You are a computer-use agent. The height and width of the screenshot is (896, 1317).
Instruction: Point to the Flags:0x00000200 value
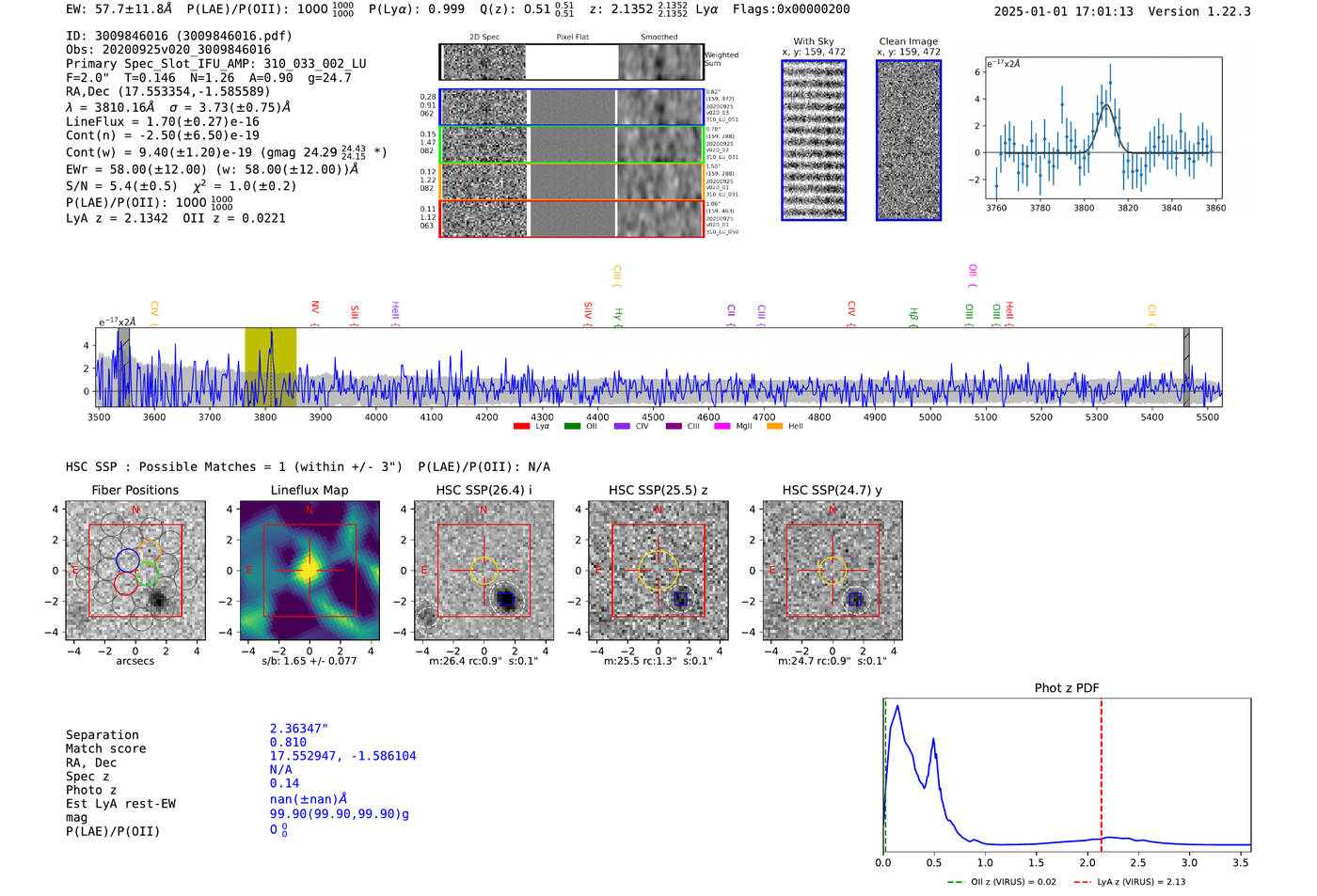[791, 8]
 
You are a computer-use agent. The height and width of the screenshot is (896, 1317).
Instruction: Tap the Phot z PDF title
[1067, 687]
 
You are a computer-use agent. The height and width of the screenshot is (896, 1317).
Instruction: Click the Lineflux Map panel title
[309, 490]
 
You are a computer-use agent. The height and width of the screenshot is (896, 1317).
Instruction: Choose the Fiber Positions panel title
[135, 490]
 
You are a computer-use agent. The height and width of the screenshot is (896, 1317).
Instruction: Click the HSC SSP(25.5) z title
[658, 490]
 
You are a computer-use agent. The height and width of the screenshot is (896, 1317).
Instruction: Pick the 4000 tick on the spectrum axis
[376, 417]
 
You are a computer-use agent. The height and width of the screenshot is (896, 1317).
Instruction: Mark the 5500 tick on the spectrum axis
[1208, 417]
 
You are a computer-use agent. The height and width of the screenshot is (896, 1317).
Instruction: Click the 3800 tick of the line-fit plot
[1084, 208]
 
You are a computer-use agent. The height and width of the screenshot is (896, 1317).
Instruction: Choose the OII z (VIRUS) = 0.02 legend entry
[1003, 882]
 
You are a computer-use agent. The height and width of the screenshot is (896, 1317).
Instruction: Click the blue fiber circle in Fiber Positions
[127, 559]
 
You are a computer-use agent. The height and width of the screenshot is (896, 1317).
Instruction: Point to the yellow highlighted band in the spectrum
[270, 367]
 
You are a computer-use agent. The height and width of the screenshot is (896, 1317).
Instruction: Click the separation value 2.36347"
[298, 729]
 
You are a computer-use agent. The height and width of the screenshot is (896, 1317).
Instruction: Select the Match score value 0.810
[288, 743]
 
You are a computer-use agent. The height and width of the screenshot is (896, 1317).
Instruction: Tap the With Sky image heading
[813, 41]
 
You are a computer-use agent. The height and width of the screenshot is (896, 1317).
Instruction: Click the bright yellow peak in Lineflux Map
[309, 570]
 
